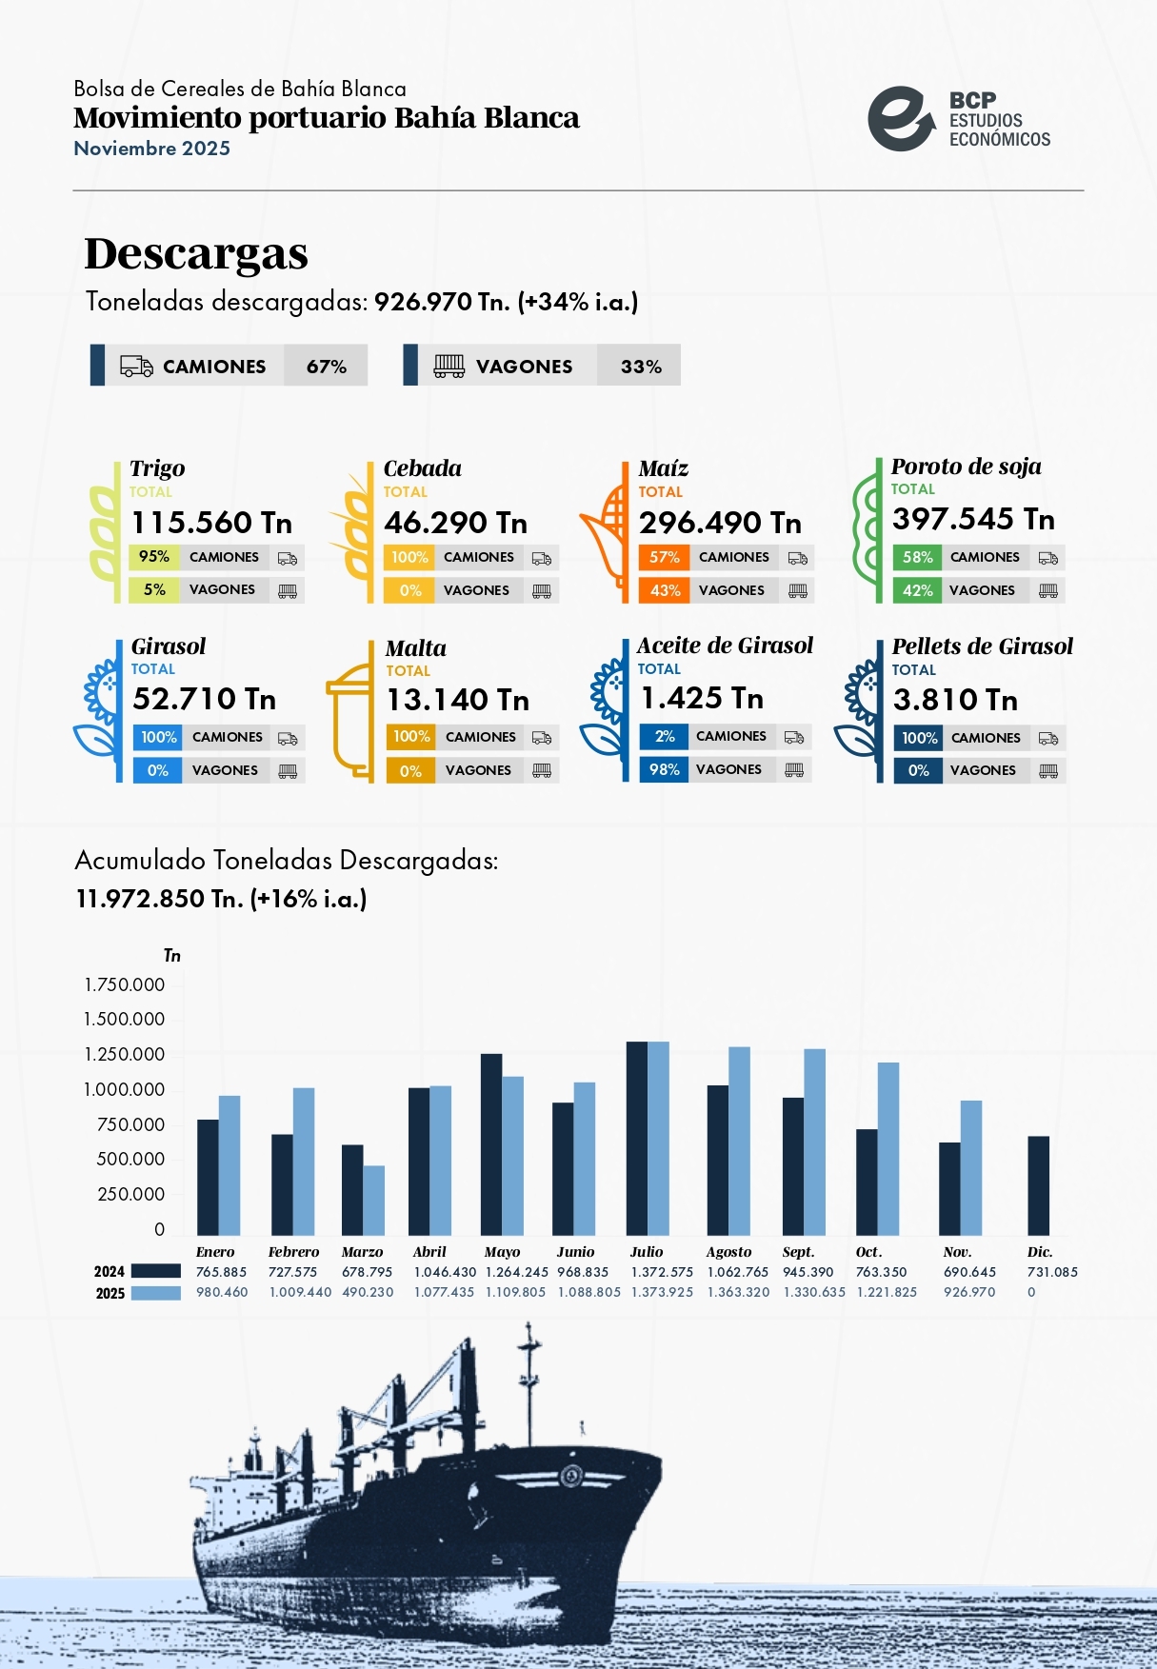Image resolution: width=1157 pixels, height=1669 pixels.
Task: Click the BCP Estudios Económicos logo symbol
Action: pos(900,119)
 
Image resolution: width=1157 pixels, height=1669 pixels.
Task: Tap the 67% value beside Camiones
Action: pos(326,367)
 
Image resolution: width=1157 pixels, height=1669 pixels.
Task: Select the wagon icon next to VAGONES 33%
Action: pos(449,367)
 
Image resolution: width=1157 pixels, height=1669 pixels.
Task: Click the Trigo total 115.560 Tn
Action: pos(211,523)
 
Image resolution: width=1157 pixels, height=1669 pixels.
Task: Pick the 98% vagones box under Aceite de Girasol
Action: pos(665,769)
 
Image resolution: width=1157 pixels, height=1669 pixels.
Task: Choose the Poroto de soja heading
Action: pos(966,467)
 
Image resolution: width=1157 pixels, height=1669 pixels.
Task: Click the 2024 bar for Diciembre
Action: pos(1038,1185)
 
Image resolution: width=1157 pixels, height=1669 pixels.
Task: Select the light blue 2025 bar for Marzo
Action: pos(373,1200)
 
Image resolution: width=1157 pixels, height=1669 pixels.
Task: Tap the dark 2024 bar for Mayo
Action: pos(491,1144)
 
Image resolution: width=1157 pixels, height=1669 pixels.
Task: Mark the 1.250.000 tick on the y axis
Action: pos(125,1054)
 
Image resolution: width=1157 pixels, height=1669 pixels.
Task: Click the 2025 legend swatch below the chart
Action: pos(155,1293)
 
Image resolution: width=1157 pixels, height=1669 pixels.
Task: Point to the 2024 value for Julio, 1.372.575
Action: pos(662,1272)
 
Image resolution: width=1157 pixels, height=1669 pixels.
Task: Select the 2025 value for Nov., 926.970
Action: pos(969,1292)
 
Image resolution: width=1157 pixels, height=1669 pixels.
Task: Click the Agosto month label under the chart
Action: pos(728,1252)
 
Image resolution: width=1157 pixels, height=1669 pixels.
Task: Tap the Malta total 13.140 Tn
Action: pos(457,701)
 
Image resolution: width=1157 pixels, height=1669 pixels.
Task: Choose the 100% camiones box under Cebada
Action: pos(409,557)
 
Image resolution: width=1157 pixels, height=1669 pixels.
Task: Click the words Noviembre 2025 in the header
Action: pos(151,149)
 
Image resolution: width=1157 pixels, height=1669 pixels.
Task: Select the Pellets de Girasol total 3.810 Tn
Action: pos(955,701)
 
